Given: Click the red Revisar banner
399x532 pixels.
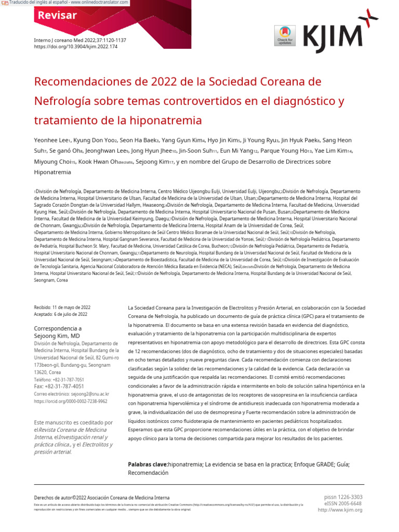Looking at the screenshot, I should click(x=57, y=16).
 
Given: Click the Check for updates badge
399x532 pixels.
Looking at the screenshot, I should click(x=285, y=35).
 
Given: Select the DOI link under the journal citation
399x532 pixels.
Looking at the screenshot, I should click(x=76, y=47).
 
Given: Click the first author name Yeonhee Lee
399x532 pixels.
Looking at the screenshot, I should click(x=51, y=140).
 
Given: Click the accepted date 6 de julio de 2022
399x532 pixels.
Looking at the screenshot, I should click(x=71, y=314).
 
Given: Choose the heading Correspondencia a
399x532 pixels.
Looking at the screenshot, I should click(x=58, y=328).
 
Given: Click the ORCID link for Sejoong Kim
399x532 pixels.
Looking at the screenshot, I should click(x=71, y=401).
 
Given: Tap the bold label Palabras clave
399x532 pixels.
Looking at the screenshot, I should click(x=148, y=464).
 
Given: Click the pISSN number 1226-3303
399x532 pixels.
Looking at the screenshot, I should click(x=351, y=497).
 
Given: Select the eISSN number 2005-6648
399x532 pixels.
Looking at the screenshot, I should click(x=351, y=503).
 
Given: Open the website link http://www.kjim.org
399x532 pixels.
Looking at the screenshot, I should click(x=340, y=510).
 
